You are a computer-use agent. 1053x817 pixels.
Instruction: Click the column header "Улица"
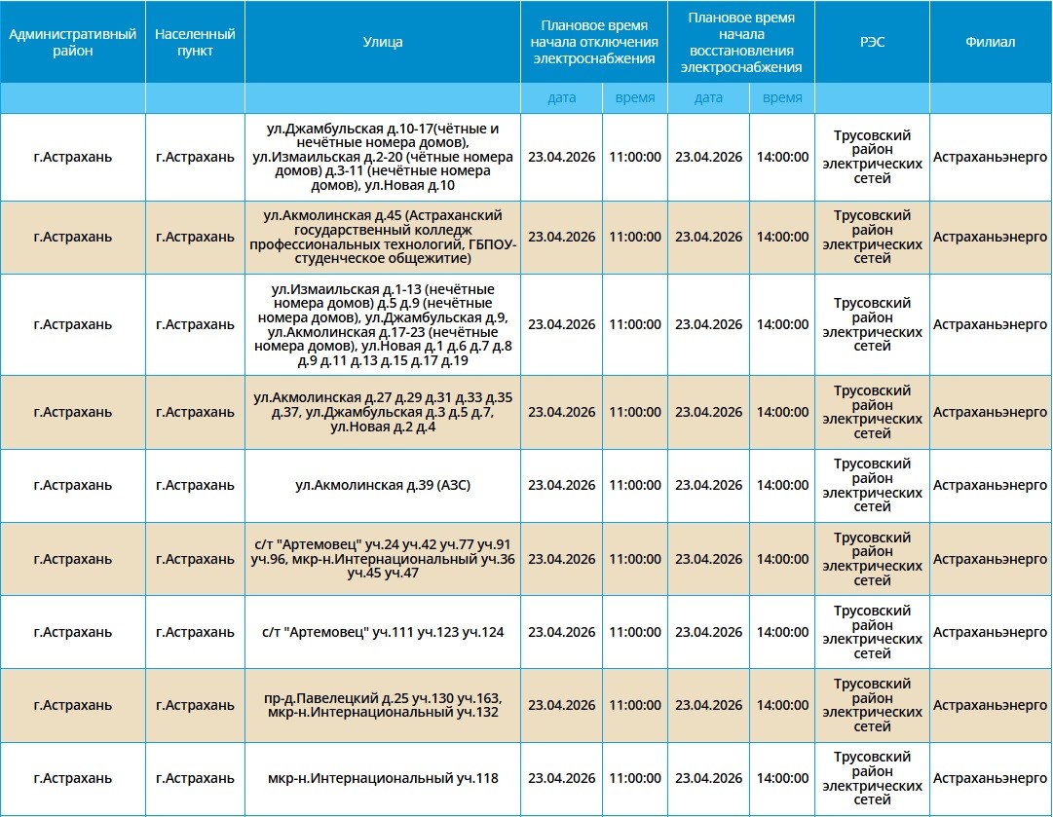(382, 42)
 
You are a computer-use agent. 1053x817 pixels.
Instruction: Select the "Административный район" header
(73, 42)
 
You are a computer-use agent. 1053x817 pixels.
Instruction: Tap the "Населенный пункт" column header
(195, 42)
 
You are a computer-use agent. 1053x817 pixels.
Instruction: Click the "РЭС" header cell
(872, 42)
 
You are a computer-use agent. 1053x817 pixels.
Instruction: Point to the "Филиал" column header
(990, 42)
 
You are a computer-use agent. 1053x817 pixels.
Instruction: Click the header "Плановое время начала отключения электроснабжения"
(593, 42)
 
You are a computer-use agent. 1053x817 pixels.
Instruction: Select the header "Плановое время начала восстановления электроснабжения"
(740, 42)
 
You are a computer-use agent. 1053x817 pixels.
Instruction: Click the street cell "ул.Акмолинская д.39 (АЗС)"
(382, 485)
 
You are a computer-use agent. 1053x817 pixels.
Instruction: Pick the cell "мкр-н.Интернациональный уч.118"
(382, 778)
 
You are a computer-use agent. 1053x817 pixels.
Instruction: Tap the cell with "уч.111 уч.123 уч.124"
(382, 632)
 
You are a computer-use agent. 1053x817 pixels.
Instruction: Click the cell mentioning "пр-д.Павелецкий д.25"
(382, 705)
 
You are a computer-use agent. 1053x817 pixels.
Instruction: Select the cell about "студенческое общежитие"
(382, 237)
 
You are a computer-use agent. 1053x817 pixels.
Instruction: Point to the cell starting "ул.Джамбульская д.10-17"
(382, 157)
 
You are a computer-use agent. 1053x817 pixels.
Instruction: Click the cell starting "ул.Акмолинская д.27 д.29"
(382, 412)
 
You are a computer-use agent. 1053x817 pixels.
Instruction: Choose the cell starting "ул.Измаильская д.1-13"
(382, 324)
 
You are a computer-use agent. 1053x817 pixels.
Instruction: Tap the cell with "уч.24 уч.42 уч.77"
(382, 559)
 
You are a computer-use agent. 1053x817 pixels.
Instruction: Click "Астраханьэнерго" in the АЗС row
(990, 485)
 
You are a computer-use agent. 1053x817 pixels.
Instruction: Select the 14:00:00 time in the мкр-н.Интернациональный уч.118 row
(782, 778)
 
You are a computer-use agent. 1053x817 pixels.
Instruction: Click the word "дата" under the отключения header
(562, 97)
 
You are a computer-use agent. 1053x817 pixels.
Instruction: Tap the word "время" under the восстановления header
(782, 97)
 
